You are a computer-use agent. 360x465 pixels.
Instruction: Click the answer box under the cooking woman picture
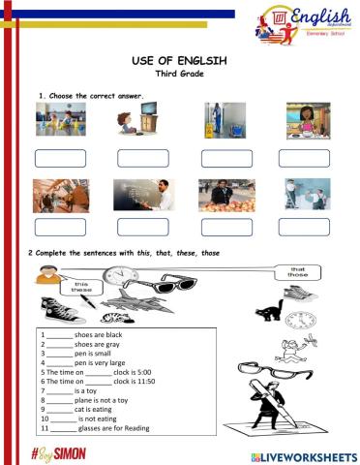(x=304, y=158)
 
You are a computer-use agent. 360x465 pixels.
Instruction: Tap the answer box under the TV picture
(x=142, y=158)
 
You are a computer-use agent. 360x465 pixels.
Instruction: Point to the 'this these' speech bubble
(x=80, y=288)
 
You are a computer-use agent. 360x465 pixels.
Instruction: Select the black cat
(x=268, y=310)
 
